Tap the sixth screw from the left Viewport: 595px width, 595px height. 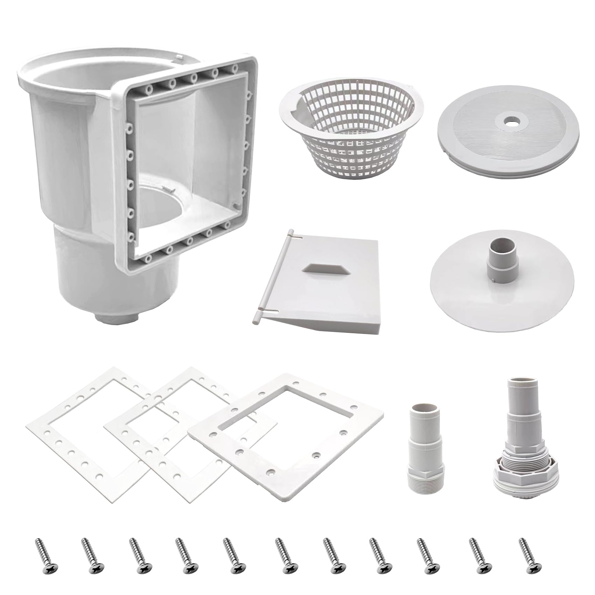point(284,553)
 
